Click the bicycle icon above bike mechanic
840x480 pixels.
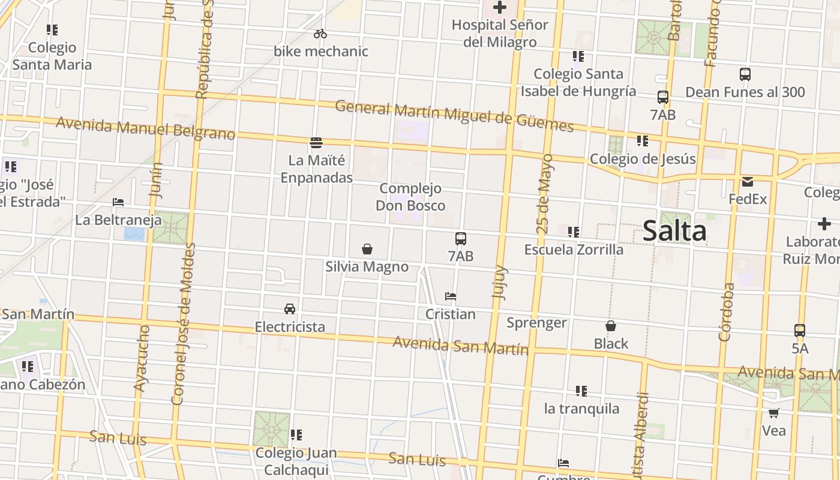320,34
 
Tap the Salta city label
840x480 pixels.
674,231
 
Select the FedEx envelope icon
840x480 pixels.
748,181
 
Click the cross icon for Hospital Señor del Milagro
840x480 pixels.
499,7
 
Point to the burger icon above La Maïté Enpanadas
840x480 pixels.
316,142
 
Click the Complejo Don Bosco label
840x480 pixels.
410,197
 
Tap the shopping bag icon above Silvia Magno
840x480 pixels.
367,248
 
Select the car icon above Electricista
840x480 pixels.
290,309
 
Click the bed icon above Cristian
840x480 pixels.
451,296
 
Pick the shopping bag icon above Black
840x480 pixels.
611,326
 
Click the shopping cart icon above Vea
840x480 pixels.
774,413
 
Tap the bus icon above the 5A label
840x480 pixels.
800,331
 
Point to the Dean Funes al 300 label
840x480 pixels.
745,92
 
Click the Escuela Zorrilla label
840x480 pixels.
574,249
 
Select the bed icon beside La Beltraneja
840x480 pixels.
118,202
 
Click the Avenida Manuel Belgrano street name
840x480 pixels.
145,128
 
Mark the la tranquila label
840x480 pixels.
581,409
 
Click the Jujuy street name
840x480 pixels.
499,282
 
